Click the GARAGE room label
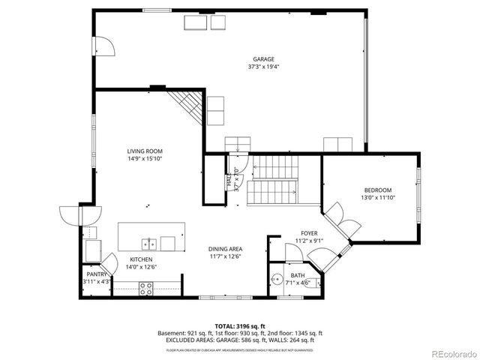[x=262, y=59]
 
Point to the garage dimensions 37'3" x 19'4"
[x=262, y=67]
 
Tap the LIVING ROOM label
[x=145, y=151]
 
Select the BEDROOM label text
[x=378, y=190]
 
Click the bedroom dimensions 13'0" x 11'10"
[x=378, y=198]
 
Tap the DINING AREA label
[x=225, y=249]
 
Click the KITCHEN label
[x=141, y=259]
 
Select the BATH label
[x=298, y=276]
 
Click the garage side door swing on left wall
[x=104, y=46]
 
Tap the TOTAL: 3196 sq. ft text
[x=239, y=326]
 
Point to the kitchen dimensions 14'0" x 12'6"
[x=141, y=266]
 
